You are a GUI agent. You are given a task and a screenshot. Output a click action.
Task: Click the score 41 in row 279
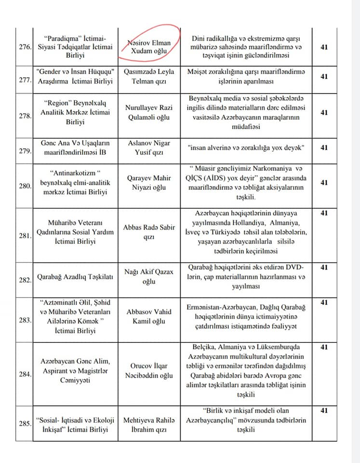pos(324,147)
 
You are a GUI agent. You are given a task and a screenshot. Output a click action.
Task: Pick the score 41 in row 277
pos(324,76)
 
